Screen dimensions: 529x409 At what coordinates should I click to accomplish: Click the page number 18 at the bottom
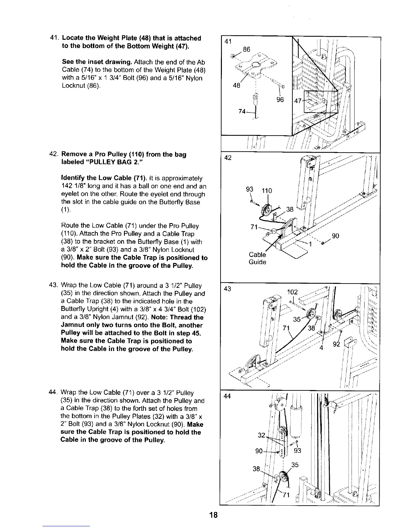point(214,515)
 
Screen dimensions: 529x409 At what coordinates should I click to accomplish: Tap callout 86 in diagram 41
point(247,50)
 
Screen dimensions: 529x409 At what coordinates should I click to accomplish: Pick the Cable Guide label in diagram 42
point(257,258)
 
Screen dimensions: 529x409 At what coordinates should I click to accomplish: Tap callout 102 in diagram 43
point(292,292)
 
